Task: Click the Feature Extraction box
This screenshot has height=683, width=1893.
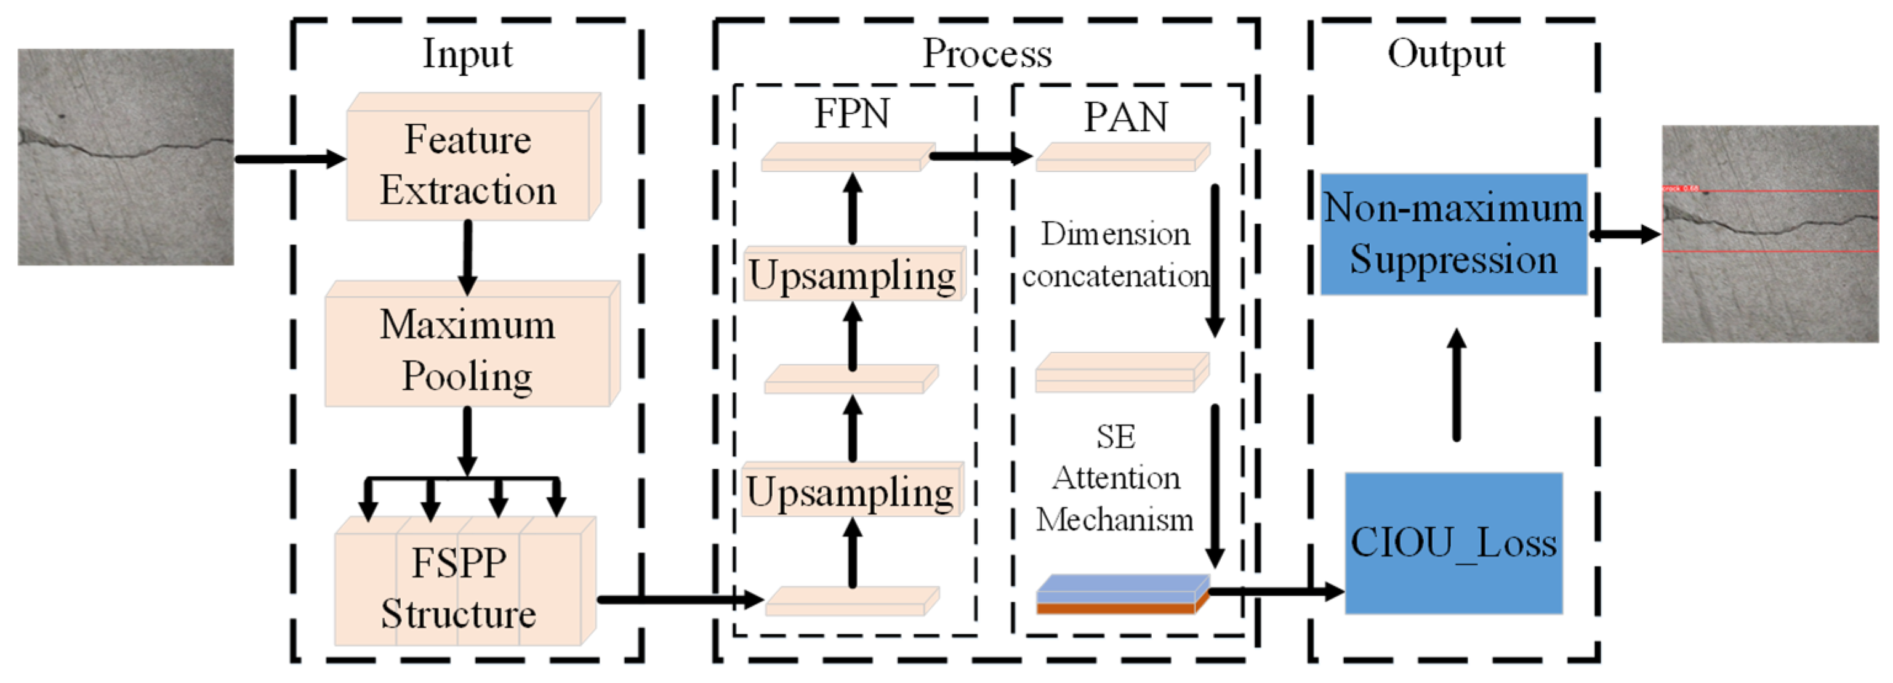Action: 468,164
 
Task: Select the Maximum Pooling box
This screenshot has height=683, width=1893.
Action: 468,350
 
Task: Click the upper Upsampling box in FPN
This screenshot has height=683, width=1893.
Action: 853,275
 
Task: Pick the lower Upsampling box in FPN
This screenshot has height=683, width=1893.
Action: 851,491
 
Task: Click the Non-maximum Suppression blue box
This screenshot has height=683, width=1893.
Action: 1453,234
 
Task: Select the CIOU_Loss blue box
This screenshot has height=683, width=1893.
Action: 1453,543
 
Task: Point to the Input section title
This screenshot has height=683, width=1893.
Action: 467,54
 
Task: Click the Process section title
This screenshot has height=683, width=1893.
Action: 987,54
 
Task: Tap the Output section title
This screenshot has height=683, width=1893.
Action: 1445,54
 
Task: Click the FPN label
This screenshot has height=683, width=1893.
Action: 852,113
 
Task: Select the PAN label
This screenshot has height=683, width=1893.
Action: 1126,117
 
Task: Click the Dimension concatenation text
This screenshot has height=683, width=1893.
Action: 1115,254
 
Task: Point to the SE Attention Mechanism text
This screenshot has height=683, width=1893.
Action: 1115,478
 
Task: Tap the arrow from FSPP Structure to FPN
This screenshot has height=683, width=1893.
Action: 680,600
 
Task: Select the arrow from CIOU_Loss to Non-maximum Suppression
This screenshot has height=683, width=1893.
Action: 1457,386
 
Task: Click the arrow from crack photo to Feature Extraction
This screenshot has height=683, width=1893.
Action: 289,159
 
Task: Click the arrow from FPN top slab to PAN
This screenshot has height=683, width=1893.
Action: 981,156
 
